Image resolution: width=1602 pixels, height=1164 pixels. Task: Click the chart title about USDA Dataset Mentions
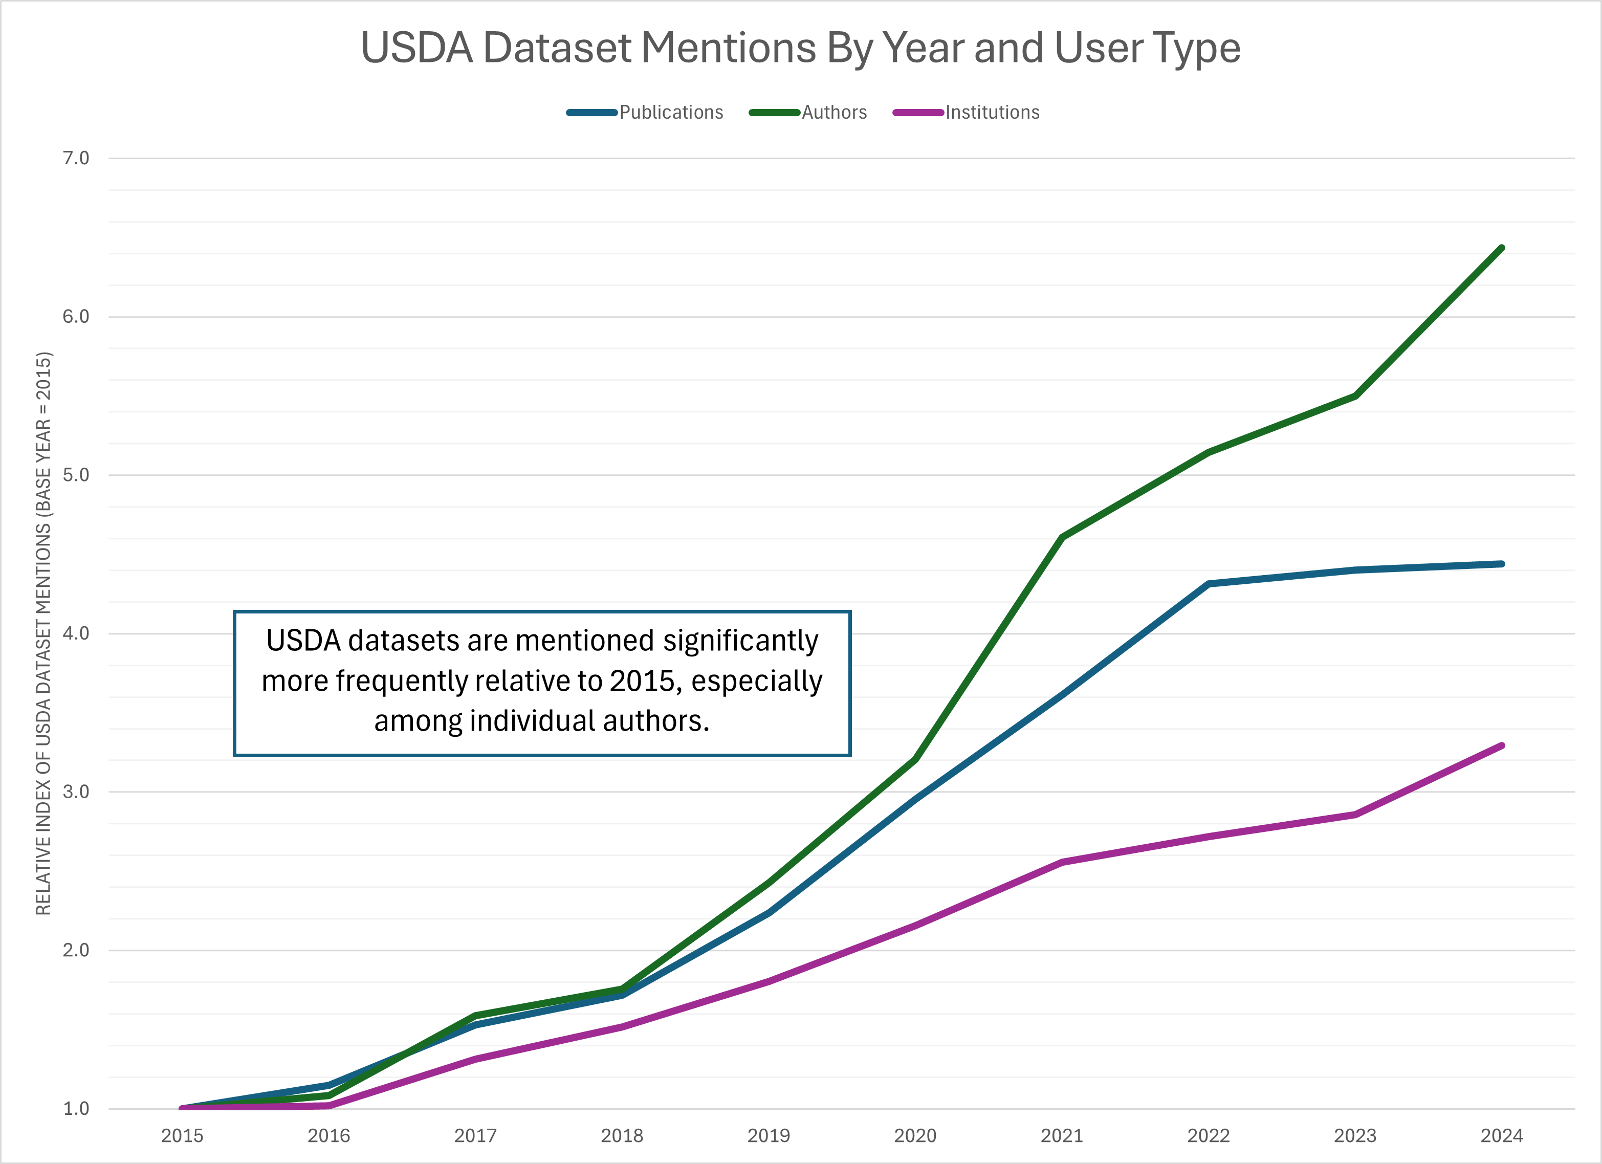(x=800, y=48)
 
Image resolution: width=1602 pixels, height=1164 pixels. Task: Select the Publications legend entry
(x=670, y=112)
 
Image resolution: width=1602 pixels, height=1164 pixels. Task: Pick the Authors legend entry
(x=833, y=112)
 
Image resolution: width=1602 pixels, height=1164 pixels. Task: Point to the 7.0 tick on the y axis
(x=76, y=158)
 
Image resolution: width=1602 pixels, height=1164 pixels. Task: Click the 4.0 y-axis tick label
(x=76, y=633)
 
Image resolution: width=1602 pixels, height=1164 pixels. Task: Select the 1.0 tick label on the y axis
(x=76, y=1108)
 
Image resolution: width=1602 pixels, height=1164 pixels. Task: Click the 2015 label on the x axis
(x=182, y=1136)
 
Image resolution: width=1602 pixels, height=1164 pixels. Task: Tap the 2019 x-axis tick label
(x=769, y=1136)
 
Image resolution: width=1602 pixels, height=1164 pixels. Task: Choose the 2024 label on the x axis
(x=1502, y=1136)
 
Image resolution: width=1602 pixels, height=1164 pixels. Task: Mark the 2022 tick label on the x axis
(x=1209, y=1136)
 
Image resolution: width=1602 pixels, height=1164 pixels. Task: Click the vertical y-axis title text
(x=44, y=633)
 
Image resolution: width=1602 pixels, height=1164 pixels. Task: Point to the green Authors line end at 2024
(x=1502, y=248)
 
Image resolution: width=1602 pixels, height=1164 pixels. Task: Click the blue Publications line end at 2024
(x=1502, y=564)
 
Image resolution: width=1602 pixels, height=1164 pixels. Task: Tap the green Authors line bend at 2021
(x=1062, y=538)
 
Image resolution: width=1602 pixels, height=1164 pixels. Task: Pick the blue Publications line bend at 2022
(x=1209, y=584)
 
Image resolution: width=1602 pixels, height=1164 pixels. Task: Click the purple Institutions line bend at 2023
(x=1355, y=815)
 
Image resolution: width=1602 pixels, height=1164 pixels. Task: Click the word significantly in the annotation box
(x=740, y=641)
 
